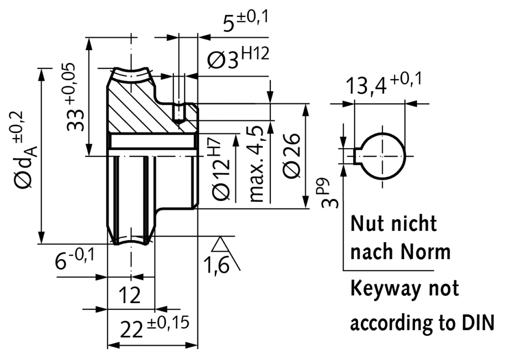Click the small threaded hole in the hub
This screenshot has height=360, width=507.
[179, 113]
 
